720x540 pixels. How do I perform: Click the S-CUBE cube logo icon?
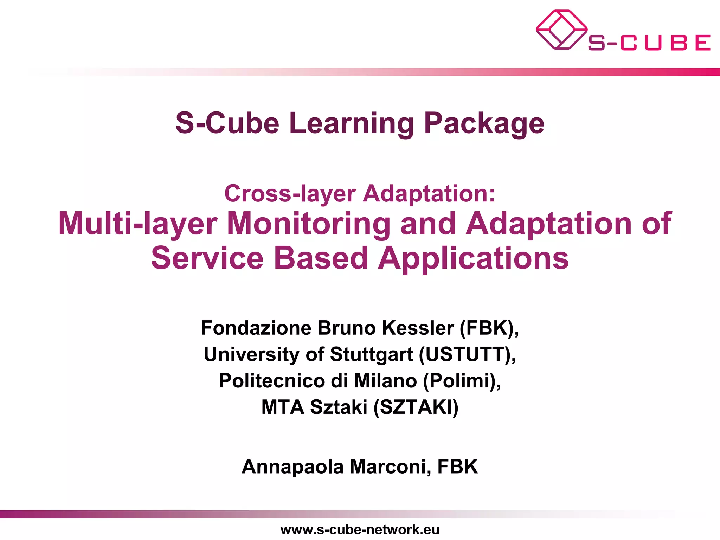coord(561,30)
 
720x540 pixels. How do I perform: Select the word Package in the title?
coord(484,124)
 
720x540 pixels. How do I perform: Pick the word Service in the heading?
coord(207,258)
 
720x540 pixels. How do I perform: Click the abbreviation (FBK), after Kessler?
coord(489,328)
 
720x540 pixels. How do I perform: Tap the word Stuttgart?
coord(372,354)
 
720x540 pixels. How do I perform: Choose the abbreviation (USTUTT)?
coord(467,354)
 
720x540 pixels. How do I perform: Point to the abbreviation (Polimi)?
coord(462,381)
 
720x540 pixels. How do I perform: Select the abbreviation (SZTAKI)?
coord(416,407)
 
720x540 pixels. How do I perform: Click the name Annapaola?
coord(292,467)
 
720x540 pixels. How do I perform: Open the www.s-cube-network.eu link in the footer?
coord(360,529)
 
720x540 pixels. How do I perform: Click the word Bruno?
coord(347,328)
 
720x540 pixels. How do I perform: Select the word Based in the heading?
coord(321,258)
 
